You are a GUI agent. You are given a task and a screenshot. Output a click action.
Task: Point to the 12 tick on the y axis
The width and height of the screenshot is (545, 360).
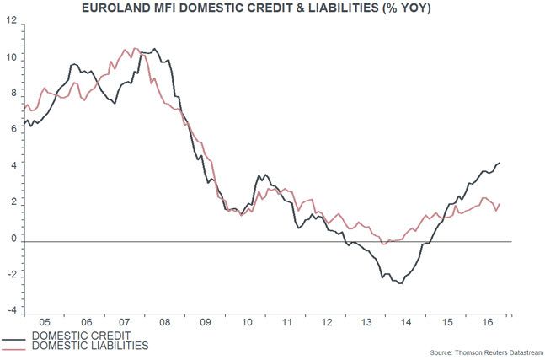click(x=13, y=22)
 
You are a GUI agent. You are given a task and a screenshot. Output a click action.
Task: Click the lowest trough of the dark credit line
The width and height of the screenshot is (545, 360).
click(x=399, y=283)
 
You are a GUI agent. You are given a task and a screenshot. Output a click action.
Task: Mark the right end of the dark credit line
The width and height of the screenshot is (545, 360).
click(x=500, y=163)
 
